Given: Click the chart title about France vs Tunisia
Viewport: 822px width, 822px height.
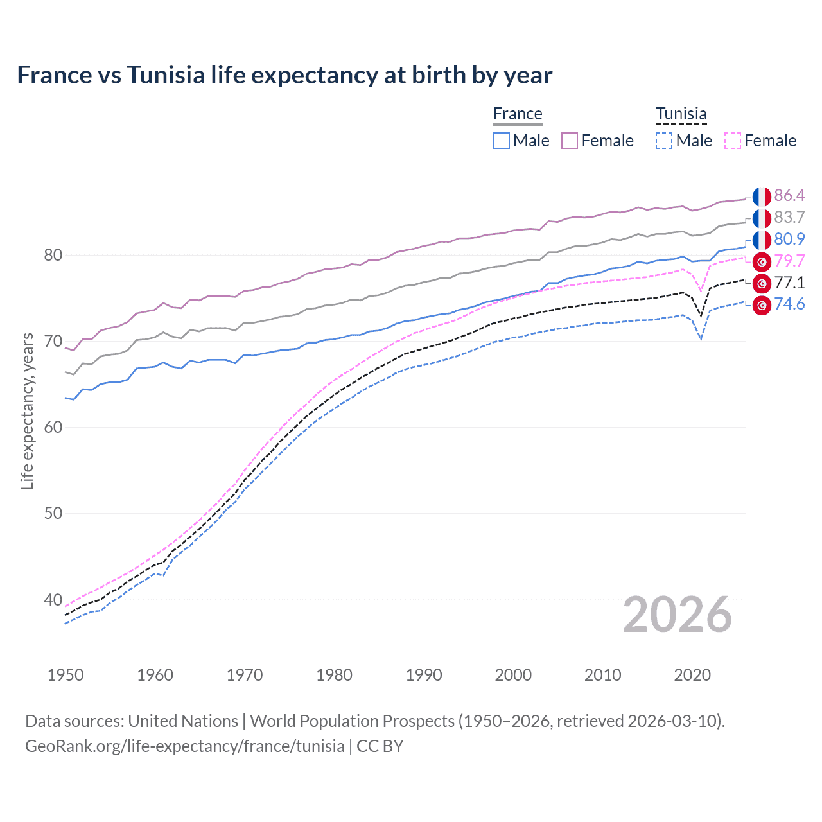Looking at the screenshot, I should click(x=284, y=75).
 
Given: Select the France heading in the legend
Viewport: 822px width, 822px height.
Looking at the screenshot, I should click(x=518, y=114).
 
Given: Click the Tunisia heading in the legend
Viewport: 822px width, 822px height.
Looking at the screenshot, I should click(x=681, y=114).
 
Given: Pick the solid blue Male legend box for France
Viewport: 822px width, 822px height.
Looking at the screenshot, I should click(x=502, y=141).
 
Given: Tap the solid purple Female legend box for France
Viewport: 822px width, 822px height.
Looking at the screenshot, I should click(x=570, y=141).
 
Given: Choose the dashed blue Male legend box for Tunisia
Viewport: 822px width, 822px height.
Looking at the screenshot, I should click(x=664, y=141).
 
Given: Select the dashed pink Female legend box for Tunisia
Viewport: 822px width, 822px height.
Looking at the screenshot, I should click(x=733, y=141).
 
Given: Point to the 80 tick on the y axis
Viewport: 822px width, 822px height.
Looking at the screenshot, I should click(x=53, y=255).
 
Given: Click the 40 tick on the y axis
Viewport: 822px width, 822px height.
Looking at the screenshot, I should click(x=53, y=600).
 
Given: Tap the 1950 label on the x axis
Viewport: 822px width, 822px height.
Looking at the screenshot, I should click(x=66, y=675).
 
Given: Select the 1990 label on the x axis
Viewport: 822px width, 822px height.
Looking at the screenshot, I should click(x=424, y=675).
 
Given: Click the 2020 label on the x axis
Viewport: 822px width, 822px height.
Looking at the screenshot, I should click(x=692, y=675).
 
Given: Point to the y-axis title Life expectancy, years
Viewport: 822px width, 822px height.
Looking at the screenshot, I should click(x=27, y=411).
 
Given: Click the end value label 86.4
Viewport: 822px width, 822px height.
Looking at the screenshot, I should click(x=789, y=196).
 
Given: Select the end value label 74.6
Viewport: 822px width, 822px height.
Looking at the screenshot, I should click(x=789, y=304).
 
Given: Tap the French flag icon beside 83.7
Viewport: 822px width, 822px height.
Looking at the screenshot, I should click(x=762, y=218).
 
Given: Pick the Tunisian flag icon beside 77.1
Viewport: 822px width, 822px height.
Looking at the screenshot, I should click(x=762, y=283).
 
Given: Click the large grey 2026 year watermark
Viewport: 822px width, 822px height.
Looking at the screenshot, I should click(x=678, y=615).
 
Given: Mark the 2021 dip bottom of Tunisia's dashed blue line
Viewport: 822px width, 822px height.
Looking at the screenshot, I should click(x=701, y=339).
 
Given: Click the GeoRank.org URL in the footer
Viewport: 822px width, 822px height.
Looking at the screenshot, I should click(x=185, y=746).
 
